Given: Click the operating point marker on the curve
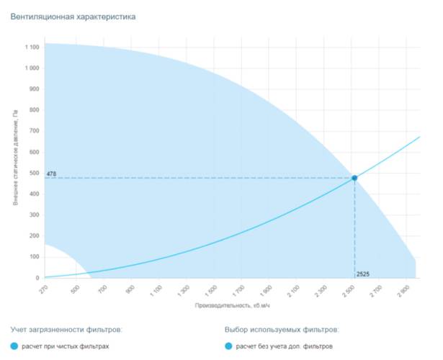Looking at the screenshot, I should pyautogui.click(x=354, y=178).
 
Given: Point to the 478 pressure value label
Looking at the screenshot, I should pyautogui.click(x=51, y=174).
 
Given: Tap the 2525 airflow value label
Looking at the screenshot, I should pyautogui.click(x=363, y=274).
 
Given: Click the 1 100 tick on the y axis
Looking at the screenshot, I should pyautogui.click(x=32, y=48).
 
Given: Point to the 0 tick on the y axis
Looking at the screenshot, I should pyautogui.click(x=37, y=278).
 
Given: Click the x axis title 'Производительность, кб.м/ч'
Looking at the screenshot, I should pyautogui.click(x=231, y=306).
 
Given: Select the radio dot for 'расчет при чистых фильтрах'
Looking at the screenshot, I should pyautogui.click(x=15, y=346).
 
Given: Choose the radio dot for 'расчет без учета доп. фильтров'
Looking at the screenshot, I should pyautogui.click(x=229, y=346).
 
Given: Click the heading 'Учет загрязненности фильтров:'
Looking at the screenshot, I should pyautogui.click(x=66, y=329).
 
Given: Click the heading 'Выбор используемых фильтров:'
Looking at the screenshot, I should pyautogui.click(x=282, y=329).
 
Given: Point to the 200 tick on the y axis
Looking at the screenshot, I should pyautogui.click(x=34, y=236).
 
